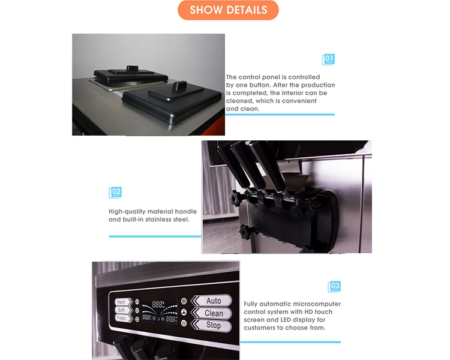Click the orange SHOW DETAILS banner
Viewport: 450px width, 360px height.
[228, 10]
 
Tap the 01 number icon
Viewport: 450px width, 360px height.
[328, 59]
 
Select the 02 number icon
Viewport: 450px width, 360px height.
[115, 193]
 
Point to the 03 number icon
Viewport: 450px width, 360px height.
[334, 286]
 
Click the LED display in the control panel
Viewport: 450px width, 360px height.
[160, 311]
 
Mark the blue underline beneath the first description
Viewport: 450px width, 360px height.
[280, 115]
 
